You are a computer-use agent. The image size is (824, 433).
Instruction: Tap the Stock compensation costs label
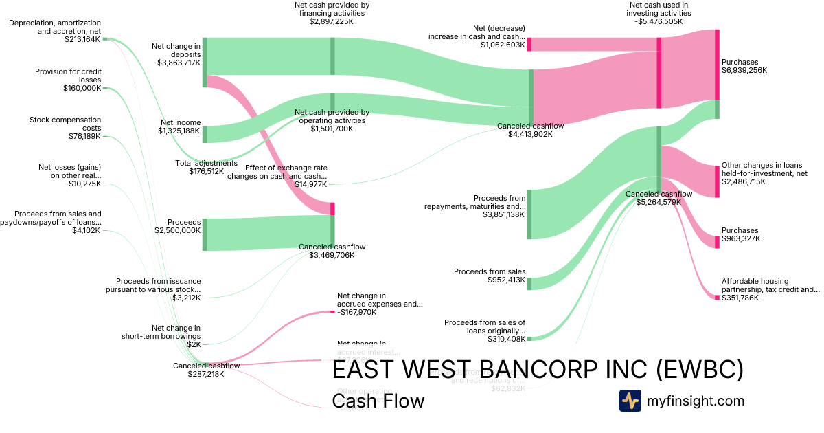point(65,124)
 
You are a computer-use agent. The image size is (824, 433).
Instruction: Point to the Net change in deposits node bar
point(205,63)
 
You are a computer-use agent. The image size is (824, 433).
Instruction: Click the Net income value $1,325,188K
point(179,131)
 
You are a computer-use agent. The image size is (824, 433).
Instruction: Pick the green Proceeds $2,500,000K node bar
point(205,234)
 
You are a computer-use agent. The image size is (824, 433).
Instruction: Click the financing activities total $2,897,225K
point(331,22)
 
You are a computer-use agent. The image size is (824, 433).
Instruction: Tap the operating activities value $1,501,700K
point(332,129)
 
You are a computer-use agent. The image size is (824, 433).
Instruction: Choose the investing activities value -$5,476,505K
point(659,22)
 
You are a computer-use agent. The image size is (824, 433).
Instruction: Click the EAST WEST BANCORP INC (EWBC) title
point(538,370)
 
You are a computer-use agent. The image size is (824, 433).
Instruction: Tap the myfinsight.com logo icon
point(630,401)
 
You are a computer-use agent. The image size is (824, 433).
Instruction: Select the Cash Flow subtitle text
point(378,401)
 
